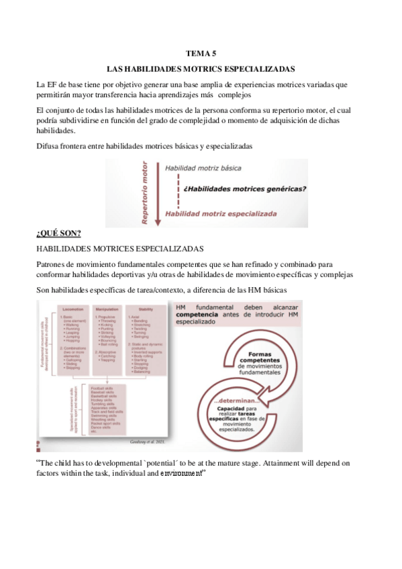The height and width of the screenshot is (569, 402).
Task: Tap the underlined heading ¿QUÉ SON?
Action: [x=58, y=233]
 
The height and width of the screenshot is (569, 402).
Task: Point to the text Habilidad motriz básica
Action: [x=203, y=168]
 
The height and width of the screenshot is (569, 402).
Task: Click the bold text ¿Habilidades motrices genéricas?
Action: [x=244, y=189]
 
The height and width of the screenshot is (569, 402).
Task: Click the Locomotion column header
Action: [x=72, y=309]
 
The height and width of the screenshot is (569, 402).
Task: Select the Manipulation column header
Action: [x=111, y=309]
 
